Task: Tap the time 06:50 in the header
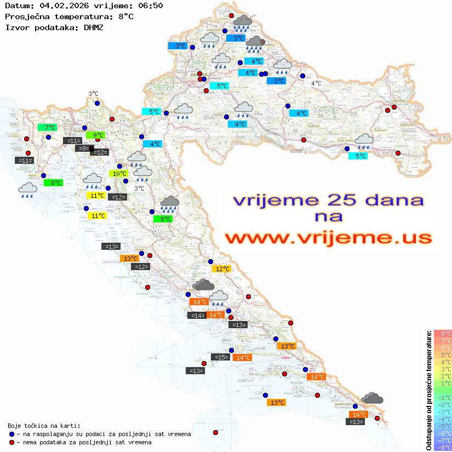[147, 6]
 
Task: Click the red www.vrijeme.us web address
[328, 238]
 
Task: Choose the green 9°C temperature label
[95, 135]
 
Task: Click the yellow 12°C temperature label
[221, 269]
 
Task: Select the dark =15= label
[221, 357]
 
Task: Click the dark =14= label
[197, 315]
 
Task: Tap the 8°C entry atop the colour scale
[443, 333]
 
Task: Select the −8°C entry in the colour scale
[443, 447]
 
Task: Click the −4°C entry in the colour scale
[443, 419]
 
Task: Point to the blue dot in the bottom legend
[12, 434]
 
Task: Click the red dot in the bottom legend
[12, 442]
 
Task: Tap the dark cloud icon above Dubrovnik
[373, 398]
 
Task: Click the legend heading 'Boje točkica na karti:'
[44, 426]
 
